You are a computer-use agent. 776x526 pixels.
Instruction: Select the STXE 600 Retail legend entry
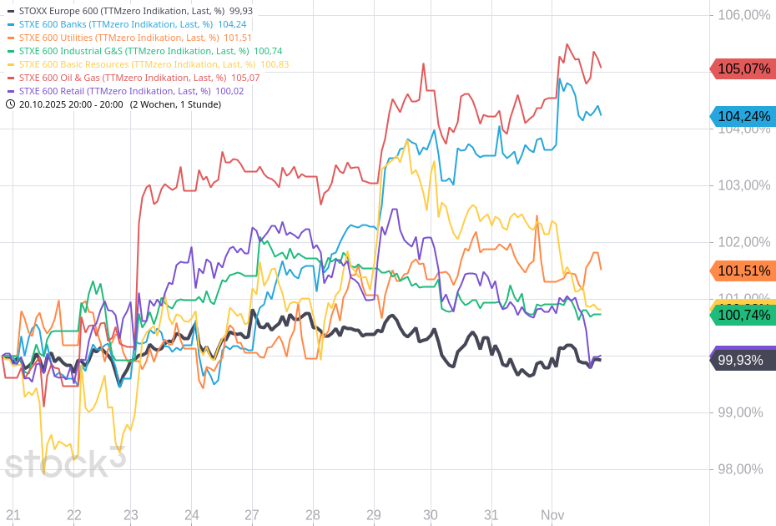pyautogui.click(x=125, y=91)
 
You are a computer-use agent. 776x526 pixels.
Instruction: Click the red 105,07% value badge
pyautogui.click(x=743, y=69)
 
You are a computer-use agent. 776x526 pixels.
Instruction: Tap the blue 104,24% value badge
pyautogui.click(x=743, y=117)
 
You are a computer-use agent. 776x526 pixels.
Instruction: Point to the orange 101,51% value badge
pyautogui.click(x=743, y=271)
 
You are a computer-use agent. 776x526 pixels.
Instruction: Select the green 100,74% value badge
pyautogui.click(x=743, y=315)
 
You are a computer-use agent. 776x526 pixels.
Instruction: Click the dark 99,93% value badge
pyautogui.click(x=743, y=360)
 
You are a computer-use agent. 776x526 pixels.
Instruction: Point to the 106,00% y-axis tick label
pyautogui.click(x=743, y=15)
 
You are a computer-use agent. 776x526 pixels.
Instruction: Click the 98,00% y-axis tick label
pyautogui.click(x=740, y=469)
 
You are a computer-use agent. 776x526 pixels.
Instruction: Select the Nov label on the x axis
pyautogui.click(x=552, y=515)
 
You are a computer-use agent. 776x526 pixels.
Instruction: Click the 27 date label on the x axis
pyautogui.click(x=252, y=515)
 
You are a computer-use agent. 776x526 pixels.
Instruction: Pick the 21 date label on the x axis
pyautogui.click(x=13, y=515)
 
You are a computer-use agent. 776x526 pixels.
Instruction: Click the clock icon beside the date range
pyautogui.click(x=10, y=104)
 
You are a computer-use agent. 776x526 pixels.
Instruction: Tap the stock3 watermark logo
pyautogui.click(x=65, y=462)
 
